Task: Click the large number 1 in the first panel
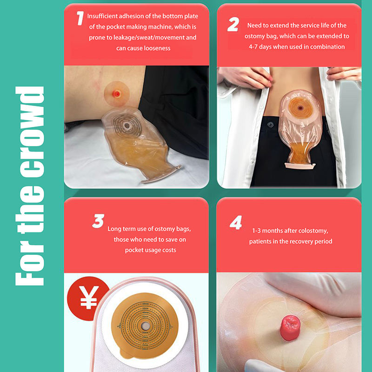coord(80,19)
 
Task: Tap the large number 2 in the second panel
coord(233,25)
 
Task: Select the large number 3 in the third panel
coord(98,221)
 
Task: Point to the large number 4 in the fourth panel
coord(236,223)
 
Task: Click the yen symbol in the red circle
coord(89,297)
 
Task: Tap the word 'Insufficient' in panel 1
coord(102,16)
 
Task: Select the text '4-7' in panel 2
coord(253,47)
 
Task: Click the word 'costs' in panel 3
coord(169,250)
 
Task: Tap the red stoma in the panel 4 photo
coord(290,328)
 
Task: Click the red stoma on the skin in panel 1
coord(117,94)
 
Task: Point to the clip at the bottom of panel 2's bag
coord(300,166)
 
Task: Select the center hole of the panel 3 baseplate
coord(145,326)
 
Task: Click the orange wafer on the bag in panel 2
coord(300,108)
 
